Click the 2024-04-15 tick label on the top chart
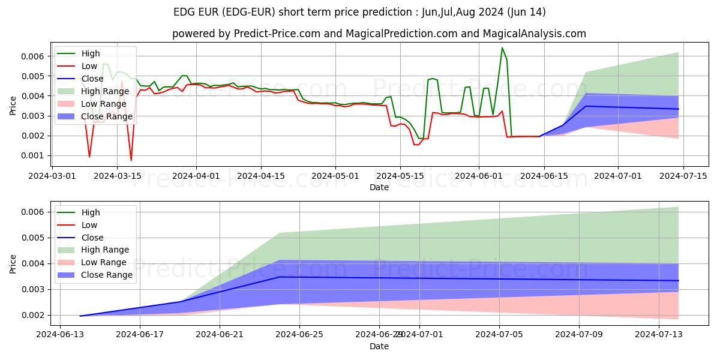(260, 176)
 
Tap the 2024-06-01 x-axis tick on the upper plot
(479, 176)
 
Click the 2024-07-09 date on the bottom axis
(579, 335)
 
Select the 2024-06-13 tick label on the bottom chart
(59, 335)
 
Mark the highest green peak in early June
(502, 48)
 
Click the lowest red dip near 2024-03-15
(131, 160)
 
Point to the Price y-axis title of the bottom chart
(13, 263)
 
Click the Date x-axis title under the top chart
(379, 187)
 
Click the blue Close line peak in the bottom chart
(280, 277)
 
